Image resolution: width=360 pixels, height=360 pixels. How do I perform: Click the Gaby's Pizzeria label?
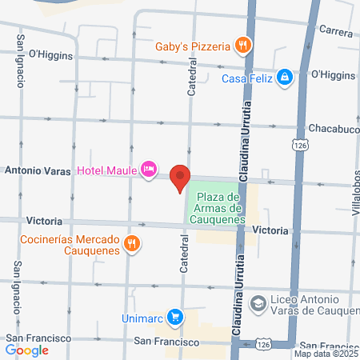[194, 46]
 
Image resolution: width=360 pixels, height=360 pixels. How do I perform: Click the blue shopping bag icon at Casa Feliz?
[284, 77]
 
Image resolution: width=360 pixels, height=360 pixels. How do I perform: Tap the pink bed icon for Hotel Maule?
[148, 169]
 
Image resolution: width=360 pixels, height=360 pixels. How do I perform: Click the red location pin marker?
[180, 176]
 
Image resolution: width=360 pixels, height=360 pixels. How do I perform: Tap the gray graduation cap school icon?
[258, 304]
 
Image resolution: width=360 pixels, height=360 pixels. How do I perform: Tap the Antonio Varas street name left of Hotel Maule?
[38, 170]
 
